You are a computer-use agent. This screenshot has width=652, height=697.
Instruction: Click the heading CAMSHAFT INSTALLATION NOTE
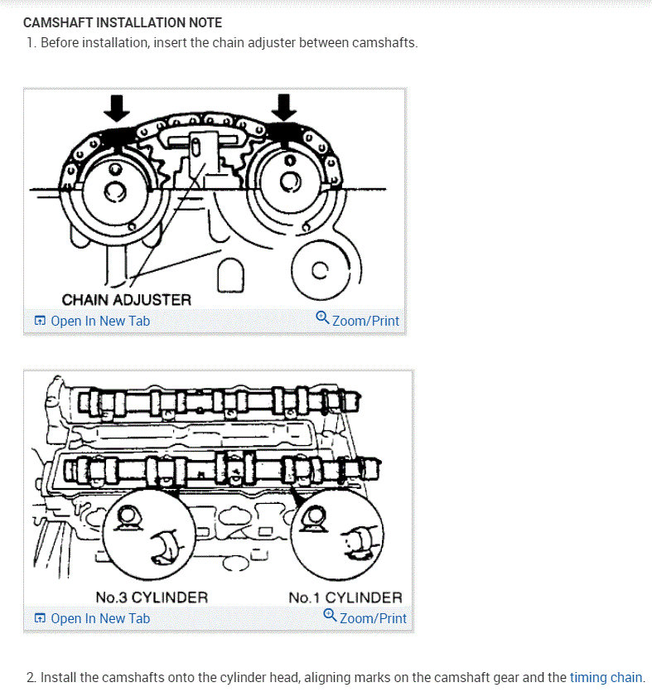click(x=123, y=22)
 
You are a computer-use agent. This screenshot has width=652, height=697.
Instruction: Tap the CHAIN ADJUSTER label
click(x=126, y=300)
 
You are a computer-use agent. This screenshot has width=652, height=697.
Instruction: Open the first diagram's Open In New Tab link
click(x=99, y=321)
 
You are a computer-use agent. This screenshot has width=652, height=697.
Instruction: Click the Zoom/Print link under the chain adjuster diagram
click(x=365, y=321)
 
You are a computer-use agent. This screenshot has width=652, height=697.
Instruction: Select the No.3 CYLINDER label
click(x=152, y=597)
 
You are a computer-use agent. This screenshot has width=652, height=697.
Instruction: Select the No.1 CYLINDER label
click(x=345, y=597)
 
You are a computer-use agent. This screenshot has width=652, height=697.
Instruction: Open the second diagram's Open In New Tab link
click(x=99, y=618)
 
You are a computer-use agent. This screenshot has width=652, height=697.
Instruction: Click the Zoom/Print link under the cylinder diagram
click(x=373, y=618)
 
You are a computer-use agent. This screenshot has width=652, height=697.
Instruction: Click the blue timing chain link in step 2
click(x=606, y=677)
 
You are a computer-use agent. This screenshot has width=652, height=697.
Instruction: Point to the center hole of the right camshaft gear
click(x=291, y=182)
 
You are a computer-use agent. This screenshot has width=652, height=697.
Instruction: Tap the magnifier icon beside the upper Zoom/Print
click(x=323, y=319)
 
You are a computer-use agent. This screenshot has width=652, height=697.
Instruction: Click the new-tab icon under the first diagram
click(x=39, y=322)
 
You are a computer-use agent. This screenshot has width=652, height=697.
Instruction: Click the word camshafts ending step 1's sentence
click(x=387, y=42)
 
